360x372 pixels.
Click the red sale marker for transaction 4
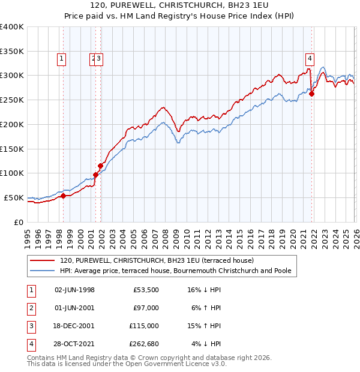point(311,94)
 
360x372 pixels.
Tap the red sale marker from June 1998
point(63,196)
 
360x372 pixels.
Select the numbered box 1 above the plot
point(63,59)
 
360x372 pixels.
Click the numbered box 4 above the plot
point(310,59)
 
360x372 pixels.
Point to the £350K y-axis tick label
point(12,52)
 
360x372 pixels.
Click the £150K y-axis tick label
point(12,149)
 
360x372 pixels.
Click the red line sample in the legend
point(43,260)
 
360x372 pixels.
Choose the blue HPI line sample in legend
point(43,271)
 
